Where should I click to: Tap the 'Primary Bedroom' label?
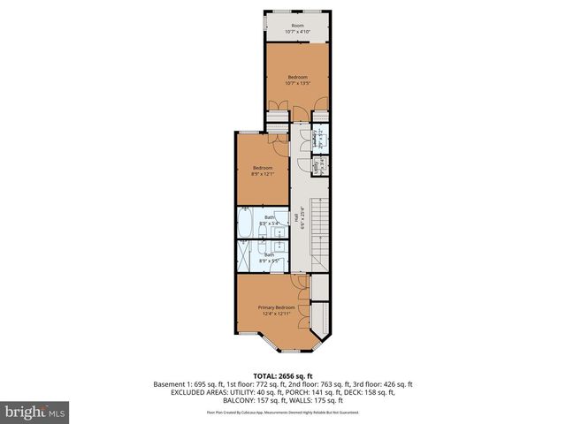[276, 307]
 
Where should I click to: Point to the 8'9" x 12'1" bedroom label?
[263, 174]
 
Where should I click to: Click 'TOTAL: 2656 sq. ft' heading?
[283, 375]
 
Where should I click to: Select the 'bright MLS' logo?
[35, 412]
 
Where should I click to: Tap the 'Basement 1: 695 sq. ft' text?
[187, 385]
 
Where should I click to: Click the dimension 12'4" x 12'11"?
[276, 314]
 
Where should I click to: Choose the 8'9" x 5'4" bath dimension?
[269, 223]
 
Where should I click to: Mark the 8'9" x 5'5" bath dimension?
[269, 261]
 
